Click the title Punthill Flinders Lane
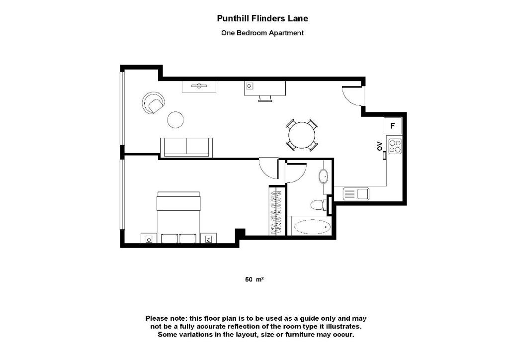[262, 18]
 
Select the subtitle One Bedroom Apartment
[262, 33]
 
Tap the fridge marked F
[393, 125]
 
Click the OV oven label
[379, 146]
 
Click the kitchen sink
[355, 193]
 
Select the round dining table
[302, 135]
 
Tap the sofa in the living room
[186, 147]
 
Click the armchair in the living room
[153, 103]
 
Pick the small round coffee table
[175, 119]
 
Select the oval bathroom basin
[323, 176]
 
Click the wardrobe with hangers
[278, 210]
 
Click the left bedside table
[149, 239]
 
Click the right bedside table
[208, 239]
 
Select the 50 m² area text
[254, 279]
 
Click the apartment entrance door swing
[353, 97]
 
